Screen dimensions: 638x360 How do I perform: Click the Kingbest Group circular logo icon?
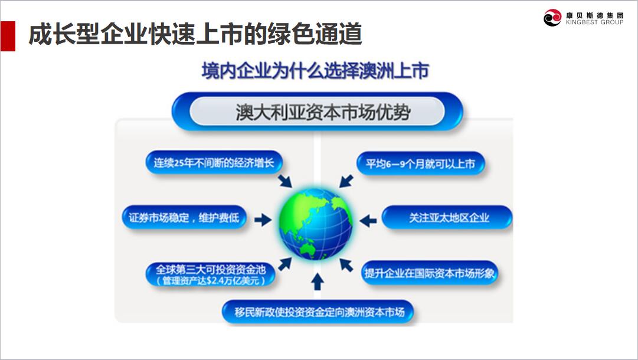click(552, 18)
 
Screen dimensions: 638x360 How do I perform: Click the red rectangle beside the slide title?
click(8, 36)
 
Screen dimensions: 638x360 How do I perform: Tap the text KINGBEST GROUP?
click(594, 22)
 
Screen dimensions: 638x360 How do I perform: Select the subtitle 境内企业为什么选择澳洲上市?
click(315, 71)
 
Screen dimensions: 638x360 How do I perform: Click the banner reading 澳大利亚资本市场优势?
click(317, 112)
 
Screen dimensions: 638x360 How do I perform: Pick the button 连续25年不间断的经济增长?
click(214, 163)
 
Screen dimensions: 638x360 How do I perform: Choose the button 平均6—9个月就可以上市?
click(420, 164)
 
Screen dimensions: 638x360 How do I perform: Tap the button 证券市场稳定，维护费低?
click(184, 218)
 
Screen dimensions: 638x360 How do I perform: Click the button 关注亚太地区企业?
click(447, 218)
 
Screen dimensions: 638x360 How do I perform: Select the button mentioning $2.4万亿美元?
click(211, 274)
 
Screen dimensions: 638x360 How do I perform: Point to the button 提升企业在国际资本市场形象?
click(430, 273)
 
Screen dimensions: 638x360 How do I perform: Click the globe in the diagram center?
click(316, 223)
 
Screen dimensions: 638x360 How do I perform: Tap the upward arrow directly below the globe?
click(318, 282)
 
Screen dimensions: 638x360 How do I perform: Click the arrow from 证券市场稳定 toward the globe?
click(263, 220)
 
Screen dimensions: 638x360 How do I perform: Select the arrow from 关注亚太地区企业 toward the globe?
click(369, 221)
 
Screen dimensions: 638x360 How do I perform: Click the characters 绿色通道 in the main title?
click(315, 34)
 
